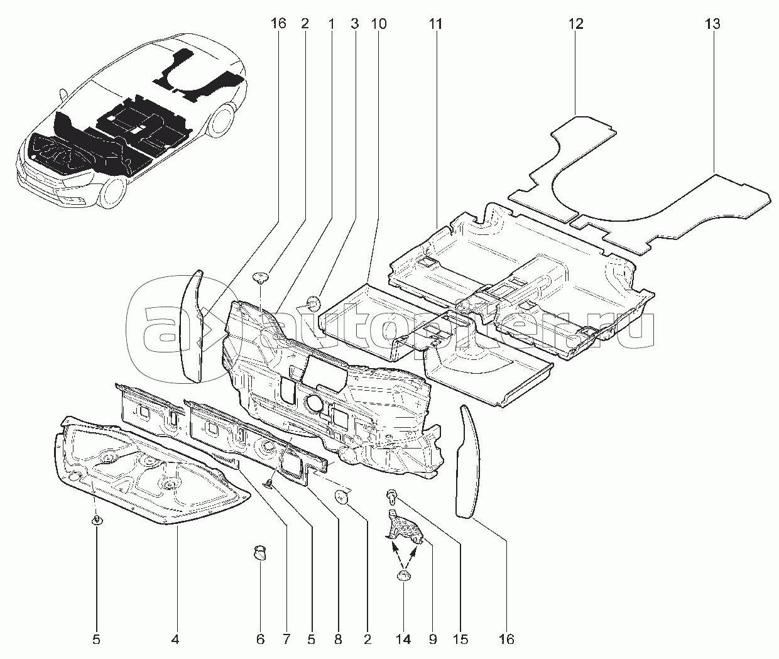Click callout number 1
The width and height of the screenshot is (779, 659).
click(x=330, y=25)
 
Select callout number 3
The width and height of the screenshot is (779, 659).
click(x=355, y=25)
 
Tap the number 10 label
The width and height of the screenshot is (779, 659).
click(x=379, y=25)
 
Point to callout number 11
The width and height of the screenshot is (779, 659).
click(x=435, y=25)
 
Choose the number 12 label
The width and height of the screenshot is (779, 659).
click(x=575, y=25)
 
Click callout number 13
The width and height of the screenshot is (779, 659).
click(x=712, y=25)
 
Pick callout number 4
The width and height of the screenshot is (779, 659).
click(x=175, y=640)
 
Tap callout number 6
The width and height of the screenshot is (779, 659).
click(x=260, y=640)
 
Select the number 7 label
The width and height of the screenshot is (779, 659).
click(x=286, y=640)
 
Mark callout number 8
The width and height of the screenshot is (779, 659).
click(x=338, y=640)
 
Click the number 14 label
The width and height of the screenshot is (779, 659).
click(x=403, y=640)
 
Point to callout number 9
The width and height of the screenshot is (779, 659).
click(x=433, y=640)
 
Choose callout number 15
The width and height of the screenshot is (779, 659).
click(x=461, y=640)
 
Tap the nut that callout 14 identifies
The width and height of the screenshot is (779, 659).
click(x=403, y=577)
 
